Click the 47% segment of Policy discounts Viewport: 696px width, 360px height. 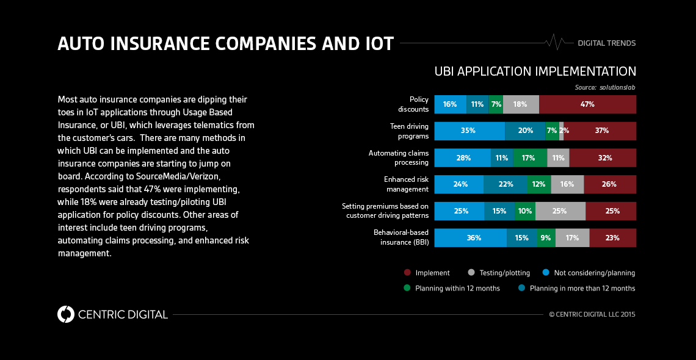click(x=587, y=104)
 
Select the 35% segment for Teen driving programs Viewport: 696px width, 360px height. click(x=469, y=131)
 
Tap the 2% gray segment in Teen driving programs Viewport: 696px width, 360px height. click(x=561, y=131)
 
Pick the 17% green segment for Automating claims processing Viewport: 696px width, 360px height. click(x=529, y=158)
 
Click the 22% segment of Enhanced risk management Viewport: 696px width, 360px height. click(x=506, y=184)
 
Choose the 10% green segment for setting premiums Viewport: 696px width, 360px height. click(x=525, y=211)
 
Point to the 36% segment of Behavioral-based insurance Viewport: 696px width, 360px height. click(x=470, y=238)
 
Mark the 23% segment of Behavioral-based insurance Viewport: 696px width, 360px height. click(x=612, y=238)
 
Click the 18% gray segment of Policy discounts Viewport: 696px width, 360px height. click(x=520, y=104)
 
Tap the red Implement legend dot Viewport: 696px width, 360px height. click(x=407, y=273)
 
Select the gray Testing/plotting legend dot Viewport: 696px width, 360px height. click(x=471, y=273)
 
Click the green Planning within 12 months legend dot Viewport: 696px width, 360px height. click(x=407, y=288)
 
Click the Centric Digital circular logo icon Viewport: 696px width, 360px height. click(x=65, y=314)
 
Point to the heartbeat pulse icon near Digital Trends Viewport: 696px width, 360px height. click(x=554, y=43)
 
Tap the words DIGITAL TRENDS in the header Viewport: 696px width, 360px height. click(x=606, y=43)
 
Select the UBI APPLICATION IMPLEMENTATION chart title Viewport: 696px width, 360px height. click(x=535, y=71)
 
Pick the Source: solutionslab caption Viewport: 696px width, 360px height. click(x=605, y=87)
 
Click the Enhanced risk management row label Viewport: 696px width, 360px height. click(x=406, y=184)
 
